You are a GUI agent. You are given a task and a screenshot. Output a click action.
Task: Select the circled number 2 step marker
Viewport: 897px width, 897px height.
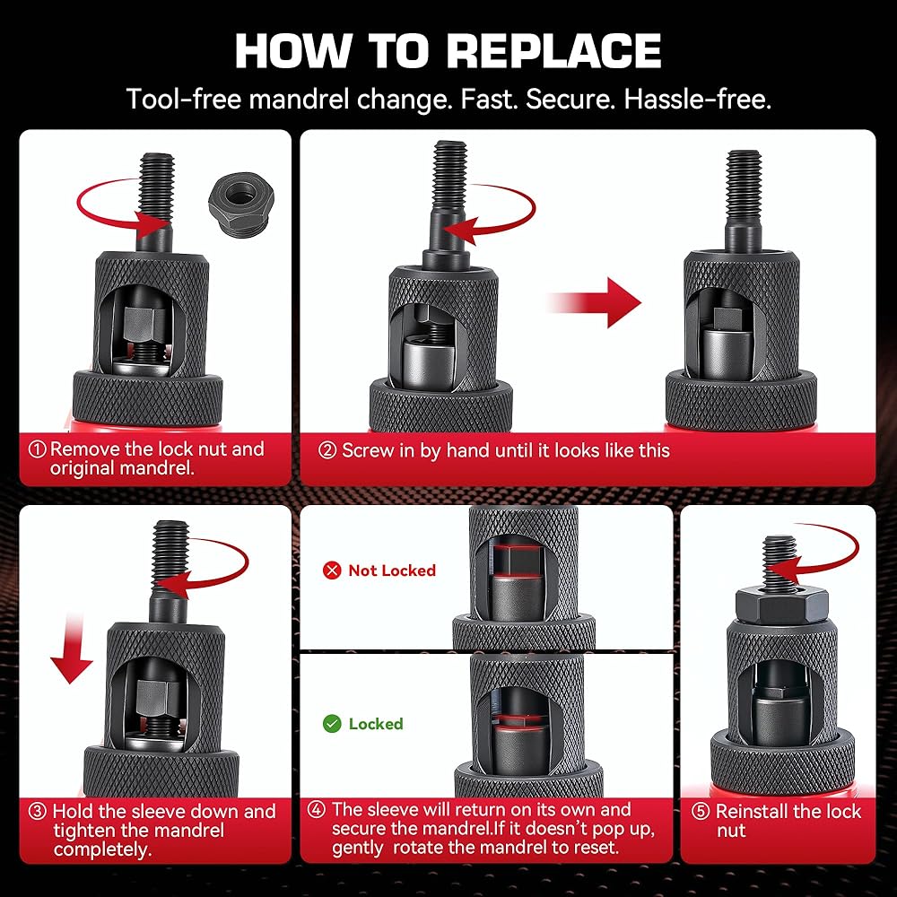point(327,450)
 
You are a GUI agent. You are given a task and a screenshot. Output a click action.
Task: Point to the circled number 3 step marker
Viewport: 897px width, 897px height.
point(38,812)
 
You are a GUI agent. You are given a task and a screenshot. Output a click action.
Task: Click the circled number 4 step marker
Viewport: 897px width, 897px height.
point(317,810)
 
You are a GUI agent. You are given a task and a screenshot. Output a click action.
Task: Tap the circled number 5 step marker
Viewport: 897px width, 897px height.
point(700,812)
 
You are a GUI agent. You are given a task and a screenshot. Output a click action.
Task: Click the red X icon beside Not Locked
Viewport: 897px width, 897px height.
point(332,570)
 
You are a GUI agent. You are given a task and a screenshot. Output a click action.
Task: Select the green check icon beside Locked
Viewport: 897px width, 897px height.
point(332,724)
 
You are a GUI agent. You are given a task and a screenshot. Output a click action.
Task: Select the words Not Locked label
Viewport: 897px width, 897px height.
point(392,570)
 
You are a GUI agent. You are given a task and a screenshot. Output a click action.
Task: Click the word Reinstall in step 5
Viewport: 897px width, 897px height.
point(753,812)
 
